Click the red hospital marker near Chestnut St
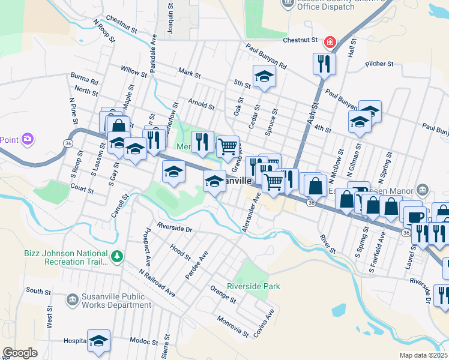click(329, 42)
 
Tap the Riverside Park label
click(254, 287)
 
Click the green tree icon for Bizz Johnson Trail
click(116, 257)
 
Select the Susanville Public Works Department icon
click(72, 299)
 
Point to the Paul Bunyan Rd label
click(266, 56)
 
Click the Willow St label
click(134, 71)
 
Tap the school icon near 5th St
click(264, 76)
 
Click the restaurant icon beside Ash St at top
click(324, 63)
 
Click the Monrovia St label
click(233, 327)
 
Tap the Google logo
click(20, 353)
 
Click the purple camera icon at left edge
click(27, 140)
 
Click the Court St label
click(82, 190)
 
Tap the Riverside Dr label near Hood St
click(174, 229)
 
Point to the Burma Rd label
click(84, 79)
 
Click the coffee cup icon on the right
click(414, 216)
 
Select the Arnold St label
click(201, 104)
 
